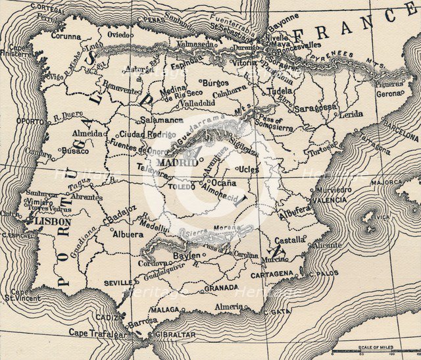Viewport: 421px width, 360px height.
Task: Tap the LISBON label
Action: pyautogui.click(x=47, y=222)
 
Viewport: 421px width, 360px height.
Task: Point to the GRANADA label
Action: pyautogui.click(x=221, y=288)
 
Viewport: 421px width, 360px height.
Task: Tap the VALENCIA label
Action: pyautogui.click(x=329, y=199)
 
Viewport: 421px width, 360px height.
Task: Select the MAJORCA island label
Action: pyautogui.click(x=385, y=182)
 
